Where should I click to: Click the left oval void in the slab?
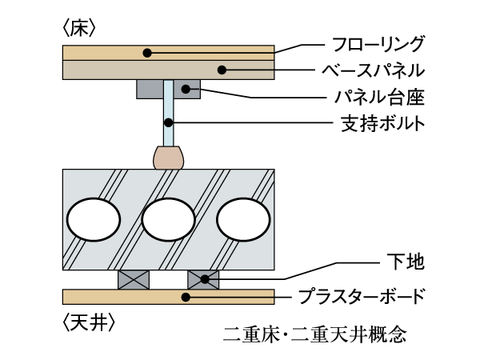93,219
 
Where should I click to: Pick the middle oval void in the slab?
168,219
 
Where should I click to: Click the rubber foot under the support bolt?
169,157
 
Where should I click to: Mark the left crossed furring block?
134,279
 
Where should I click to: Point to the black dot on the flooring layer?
147,53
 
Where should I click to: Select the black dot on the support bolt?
169,122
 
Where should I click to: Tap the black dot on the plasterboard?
186,298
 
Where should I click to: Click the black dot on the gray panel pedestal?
186,88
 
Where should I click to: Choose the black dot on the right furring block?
204,279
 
